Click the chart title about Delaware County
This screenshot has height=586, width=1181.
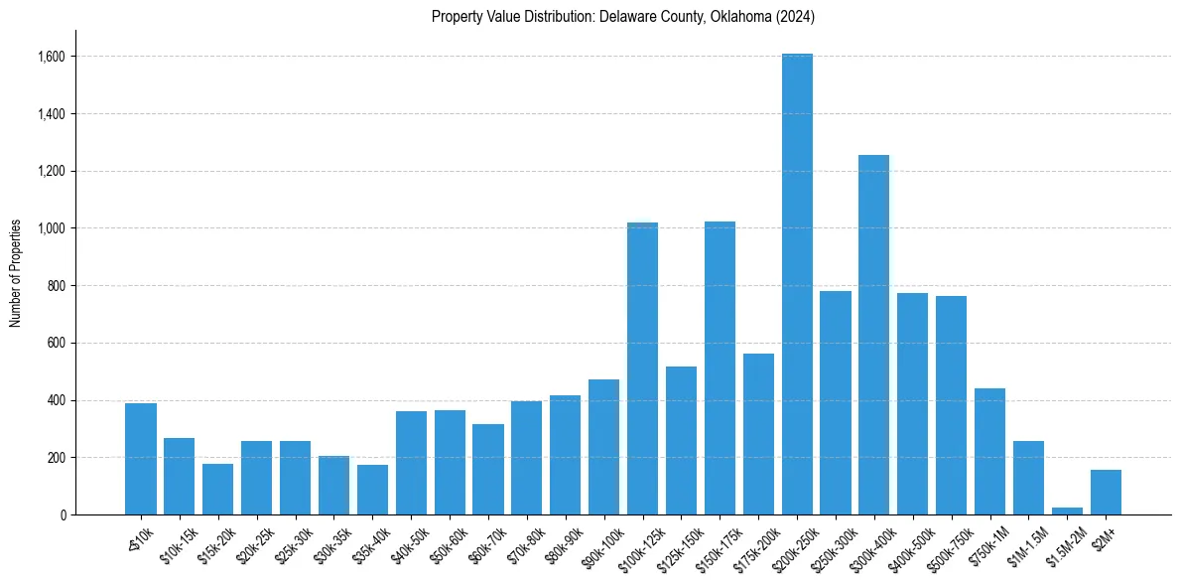coord(622,17)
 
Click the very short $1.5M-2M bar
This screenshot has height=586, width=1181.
coord(1067,511)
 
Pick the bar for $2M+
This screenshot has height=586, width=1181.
coord(1106,493)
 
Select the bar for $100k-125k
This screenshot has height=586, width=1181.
coord(642,368)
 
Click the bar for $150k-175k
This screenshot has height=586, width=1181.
coord(720,368)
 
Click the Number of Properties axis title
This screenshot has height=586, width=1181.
coord(16,273)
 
